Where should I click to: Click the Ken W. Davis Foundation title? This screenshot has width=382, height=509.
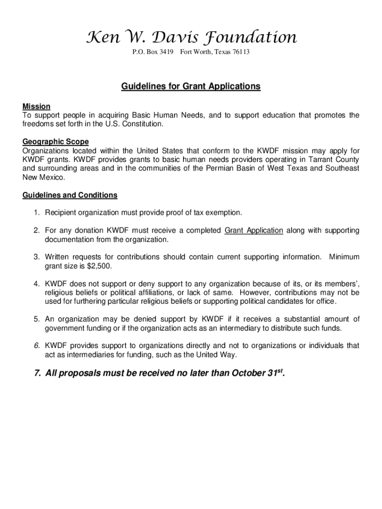(191, 37)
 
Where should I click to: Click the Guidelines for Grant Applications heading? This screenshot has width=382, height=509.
(191, 86)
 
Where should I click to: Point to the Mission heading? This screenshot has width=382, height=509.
(36, 106)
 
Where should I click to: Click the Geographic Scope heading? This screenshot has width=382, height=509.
(56, 142)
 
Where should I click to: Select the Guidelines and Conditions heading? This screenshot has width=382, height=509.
(70, 195)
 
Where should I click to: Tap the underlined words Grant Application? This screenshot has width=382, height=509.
(254, 231)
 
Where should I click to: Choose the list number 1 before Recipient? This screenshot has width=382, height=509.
(37, 213)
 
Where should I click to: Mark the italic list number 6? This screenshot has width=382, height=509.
(37, 345)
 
